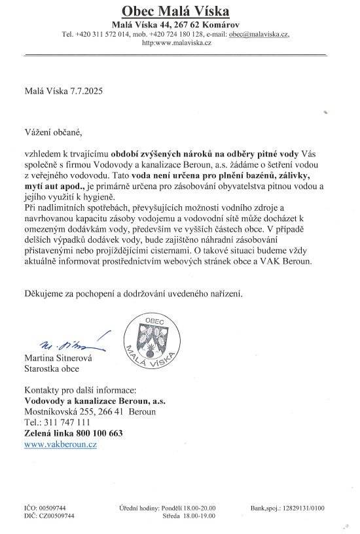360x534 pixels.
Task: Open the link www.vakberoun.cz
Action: click(60, 444)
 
